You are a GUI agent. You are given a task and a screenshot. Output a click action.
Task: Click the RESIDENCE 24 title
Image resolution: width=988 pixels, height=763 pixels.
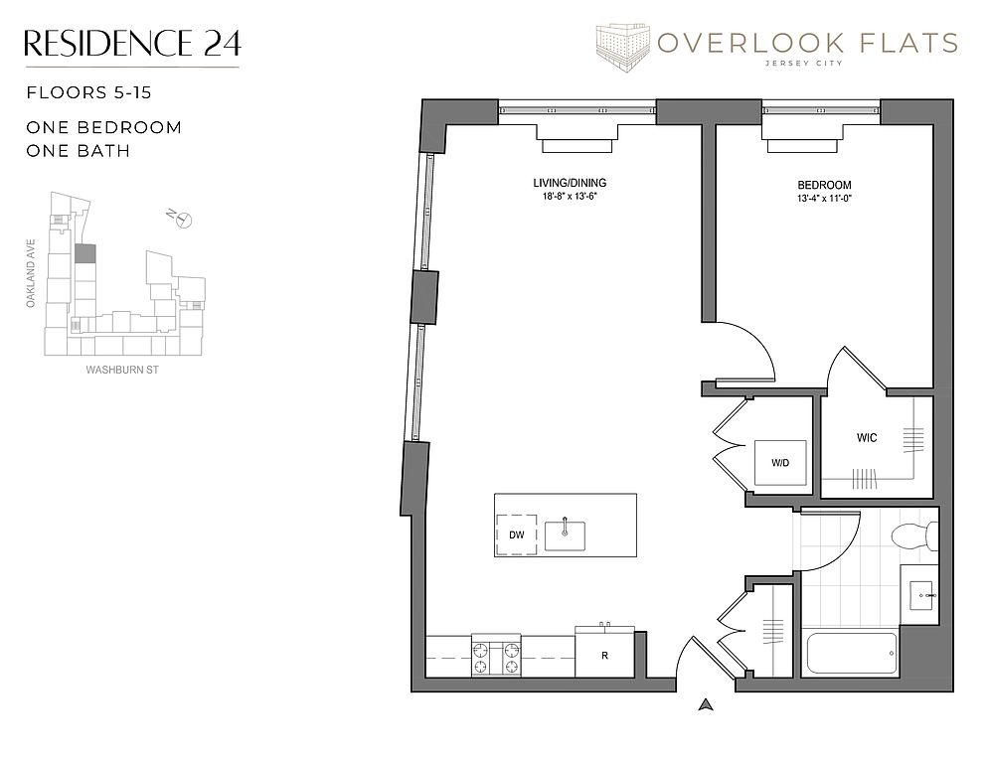(132, 43)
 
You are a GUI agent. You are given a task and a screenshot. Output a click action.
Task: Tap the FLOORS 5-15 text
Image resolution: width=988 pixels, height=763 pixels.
(88, 92)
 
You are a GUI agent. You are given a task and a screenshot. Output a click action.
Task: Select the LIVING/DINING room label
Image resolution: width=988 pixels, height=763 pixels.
(570, 183)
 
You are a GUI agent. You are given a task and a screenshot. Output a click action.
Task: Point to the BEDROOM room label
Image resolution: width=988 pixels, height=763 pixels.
(824, 185)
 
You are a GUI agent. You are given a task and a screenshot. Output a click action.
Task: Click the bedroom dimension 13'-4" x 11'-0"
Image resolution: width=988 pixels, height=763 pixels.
(824, 199)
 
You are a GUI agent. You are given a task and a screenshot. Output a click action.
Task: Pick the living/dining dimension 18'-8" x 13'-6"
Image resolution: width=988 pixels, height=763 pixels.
(570, 196)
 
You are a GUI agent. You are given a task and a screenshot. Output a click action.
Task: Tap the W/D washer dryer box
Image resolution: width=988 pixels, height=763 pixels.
(780, 462)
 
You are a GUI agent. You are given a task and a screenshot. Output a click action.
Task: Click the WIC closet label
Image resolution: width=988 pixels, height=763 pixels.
(867, 437)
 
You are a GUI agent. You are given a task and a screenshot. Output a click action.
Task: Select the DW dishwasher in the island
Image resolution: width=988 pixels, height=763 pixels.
(517, 534)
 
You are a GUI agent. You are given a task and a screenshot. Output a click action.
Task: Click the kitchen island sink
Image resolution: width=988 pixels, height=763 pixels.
(565, 534)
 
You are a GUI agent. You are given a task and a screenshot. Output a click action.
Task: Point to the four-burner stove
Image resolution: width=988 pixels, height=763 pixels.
(496, 656)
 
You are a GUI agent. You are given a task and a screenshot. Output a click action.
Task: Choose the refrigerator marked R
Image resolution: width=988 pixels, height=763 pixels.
(604, 653)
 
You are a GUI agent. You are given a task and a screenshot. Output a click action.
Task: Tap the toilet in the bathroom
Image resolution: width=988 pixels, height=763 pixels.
(914, 535)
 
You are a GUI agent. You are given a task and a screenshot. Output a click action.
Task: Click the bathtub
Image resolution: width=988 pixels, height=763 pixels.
(852, 653)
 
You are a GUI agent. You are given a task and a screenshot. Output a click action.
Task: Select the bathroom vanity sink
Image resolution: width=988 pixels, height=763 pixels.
(924, 595)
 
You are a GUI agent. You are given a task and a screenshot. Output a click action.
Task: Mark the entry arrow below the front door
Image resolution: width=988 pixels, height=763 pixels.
(706, 704)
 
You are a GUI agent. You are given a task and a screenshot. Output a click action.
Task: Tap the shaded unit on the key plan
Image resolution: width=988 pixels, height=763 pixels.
(85, 254)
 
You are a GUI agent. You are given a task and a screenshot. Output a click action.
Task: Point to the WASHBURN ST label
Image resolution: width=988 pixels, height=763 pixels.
(122, 370)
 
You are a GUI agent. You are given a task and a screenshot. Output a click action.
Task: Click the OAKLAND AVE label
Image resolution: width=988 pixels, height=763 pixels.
(31, 273)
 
